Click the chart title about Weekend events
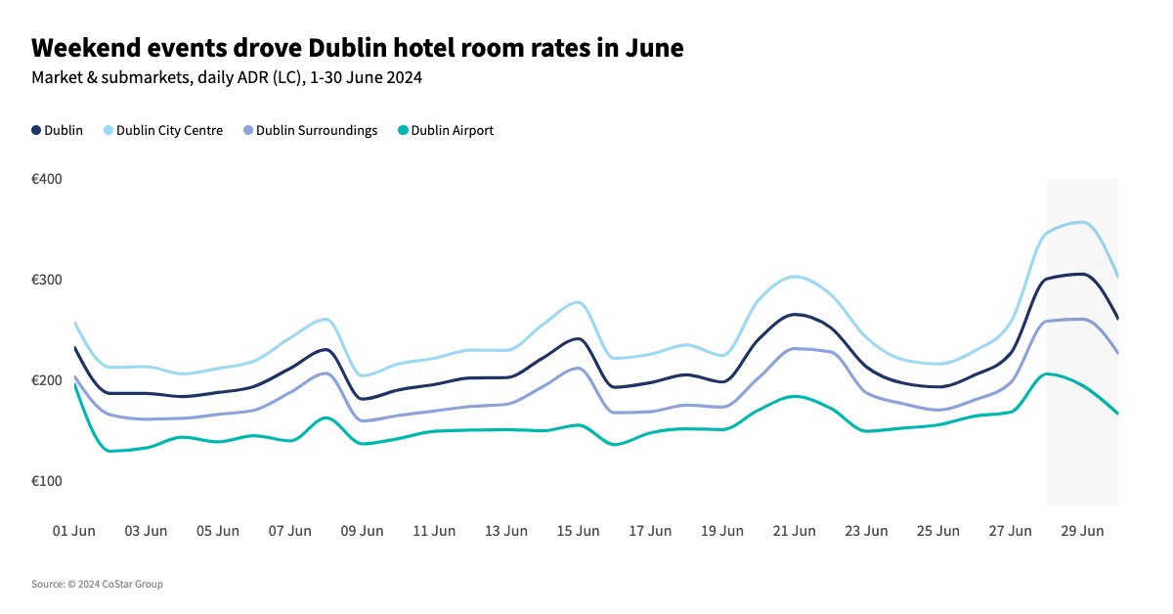pyautogui.click(x=356, y=47)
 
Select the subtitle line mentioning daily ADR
pyautogui.click(x=226, y=78)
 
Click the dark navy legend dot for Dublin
pyautogui.click(x=37, y=130)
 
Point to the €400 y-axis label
pyautogui.click(x=47, y=179)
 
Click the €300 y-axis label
pyautogui.click(x=47, y=280)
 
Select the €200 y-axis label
pyautogui.click(x=47, y=380)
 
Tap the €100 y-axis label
pyautogui.click(x=47, y=481)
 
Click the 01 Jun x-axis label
pyautogui.click(x=73, y=531)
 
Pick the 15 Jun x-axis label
pyautogui.click(x=579, y=531)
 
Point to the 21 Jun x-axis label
pyautogui.click(x=795, y=531)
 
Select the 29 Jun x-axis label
pyautogui.click(x=1083, y=531)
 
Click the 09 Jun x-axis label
pyautogui.click(x=362, y=531)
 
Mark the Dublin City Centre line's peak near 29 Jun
pyautogui.click(x=1081, y=222)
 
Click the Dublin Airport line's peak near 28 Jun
pyautogui.click(x=1047, y=373)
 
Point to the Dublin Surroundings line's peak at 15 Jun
pyautogui.click(x=579, y=368)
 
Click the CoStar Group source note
pyautogui.click(x=97, y=585)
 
